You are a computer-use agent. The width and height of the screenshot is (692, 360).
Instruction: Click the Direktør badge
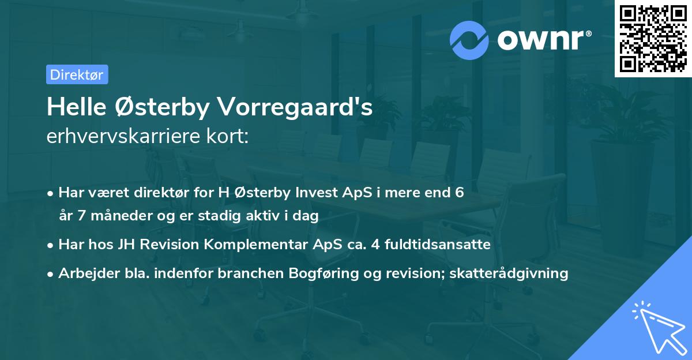[77, 74]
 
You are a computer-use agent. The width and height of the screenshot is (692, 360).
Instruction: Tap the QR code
[653, 39]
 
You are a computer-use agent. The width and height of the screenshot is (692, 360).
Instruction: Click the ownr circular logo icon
[469, 40]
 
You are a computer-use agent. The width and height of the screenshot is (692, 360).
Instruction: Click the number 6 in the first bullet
[459, 193]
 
